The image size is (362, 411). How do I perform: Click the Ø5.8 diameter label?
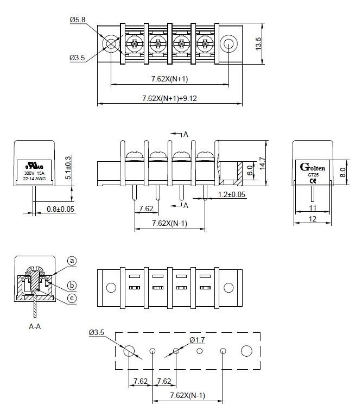pyautogui.click(x=78, y=20)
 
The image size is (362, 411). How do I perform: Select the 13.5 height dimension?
pyautogui.click(x=259, y=44)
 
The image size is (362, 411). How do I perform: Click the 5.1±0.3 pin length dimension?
pyautogui.click(x=67, y=168)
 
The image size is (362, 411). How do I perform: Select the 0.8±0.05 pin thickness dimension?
pyautogui.click(x=60, y=208)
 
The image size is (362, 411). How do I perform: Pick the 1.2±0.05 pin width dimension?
pyautogui.click(x=232, y=194)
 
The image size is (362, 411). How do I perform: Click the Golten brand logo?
pyautogui.click(x=312, y=167)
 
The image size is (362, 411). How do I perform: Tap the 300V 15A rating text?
pyautogui.click(x=34, y=173)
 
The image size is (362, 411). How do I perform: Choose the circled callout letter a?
pyautogui.click(x=72, y=261)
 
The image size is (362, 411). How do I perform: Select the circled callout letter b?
pyautogui.click(x=72, y=285)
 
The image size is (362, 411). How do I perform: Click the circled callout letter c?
pyautogui.click(x=72, y=298)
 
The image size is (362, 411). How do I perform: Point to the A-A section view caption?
pyautogui.click(x=35, y=327)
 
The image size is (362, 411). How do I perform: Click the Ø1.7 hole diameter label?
pyautogui.click(x=197, y=340)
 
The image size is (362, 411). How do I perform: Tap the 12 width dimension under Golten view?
pyautogui.click(x=312, y=219)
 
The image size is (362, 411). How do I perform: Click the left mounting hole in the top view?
pyautogui.click(x=111, y=43)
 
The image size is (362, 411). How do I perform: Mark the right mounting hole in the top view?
pyautogui.click(x=228, y=43)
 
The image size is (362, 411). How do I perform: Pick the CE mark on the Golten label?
pyautogui.click(x=312, y=182)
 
